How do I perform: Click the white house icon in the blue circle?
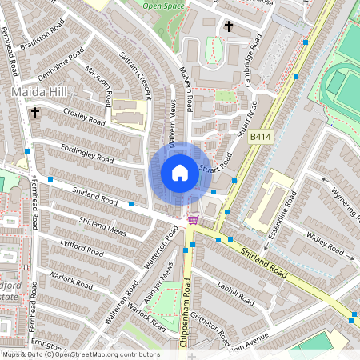[180, 173]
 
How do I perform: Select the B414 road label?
[261, 138]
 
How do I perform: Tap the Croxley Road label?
[84, 118]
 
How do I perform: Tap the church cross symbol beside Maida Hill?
[35, 114]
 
